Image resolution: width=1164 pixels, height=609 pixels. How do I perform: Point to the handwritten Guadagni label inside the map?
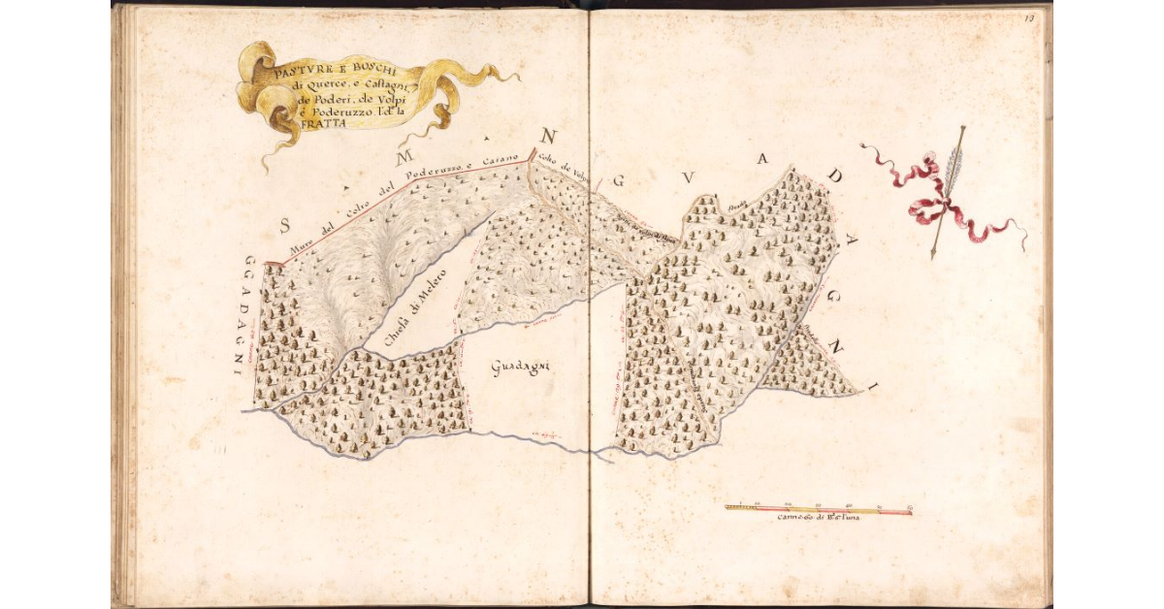pyautogui.click(x=521, y=367)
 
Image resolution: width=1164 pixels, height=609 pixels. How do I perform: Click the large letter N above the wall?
pyautogui.click(x=549, y=135)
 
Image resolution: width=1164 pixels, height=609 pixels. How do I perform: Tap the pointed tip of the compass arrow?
pyautogui.click(x=933, y=255)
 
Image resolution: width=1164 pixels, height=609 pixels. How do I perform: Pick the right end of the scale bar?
pyautogui.click(x=911, y=510)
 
